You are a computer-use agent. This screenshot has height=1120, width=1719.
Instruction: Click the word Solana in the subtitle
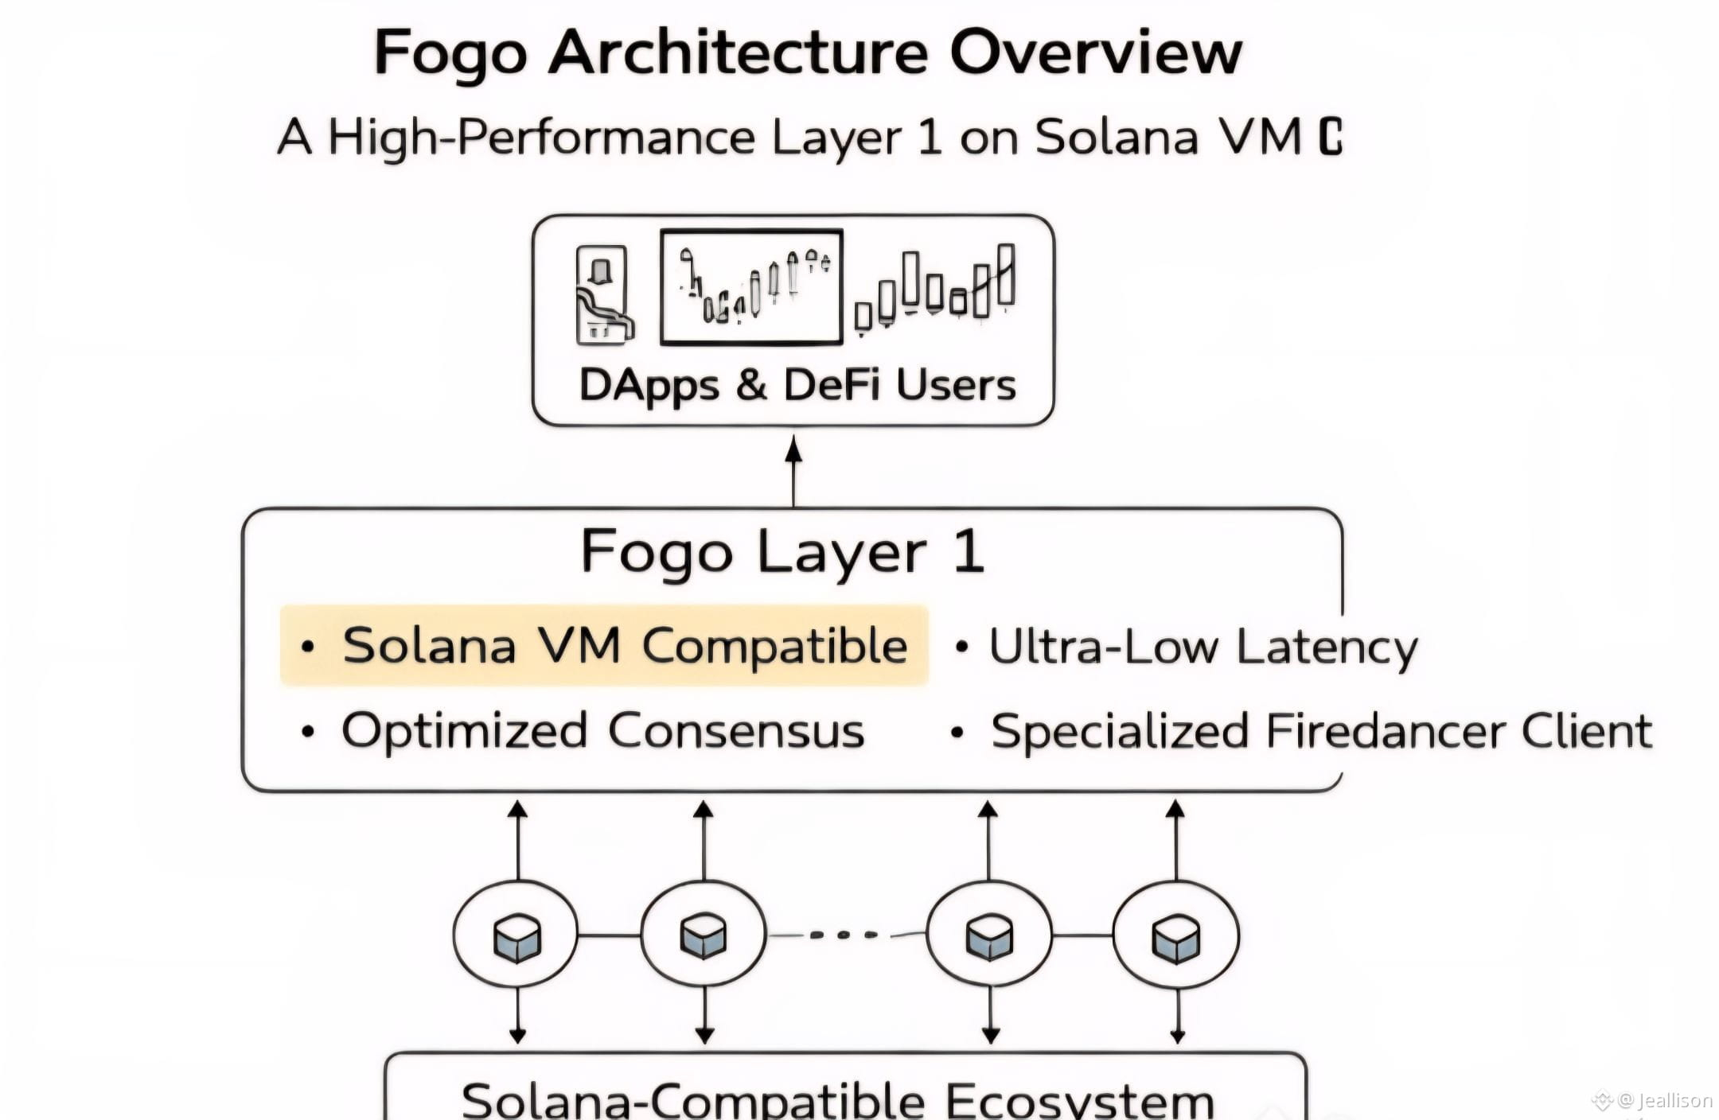tap(1116, 137)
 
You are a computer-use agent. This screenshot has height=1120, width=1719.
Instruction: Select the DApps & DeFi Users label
tap(797, 386)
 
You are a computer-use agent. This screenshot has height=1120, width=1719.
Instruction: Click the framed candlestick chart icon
tap(751, 287)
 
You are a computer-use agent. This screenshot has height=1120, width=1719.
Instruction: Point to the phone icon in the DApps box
tap(602, 295)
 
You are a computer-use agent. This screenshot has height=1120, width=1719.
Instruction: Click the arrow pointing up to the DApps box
tap(793, 469)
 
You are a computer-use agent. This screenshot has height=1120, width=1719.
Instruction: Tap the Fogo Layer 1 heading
tap(783, 552)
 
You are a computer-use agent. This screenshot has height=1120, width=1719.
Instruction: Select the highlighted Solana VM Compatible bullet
tap(605, 645)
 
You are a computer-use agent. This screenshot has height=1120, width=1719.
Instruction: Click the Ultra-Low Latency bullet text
tap(1203, 647)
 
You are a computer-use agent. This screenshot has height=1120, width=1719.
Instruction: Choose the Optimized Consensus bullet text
tap(602, 731)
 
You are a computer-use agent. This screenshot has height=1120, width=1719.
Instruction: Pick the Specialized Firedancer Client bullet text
tap(1321, 731)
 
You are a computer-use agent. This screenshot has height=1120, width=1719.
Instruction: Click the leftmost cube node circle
tap(516, 935)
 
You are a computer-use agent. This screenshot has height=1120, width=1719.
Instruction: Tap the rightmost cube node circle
tap(1175, 935)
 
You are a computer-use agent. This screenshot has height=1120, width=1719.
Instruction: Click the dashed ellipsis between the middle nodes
tap(845, 935)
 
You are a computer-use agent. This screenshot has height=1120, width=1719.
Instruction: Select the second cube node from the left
tap(704, 935)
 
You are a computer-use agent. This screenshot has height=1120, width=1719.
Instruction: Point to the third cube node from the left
tap(988, 935)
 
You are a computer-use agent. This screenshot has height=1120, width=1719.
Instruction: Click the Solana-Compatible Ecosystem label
tap(837, 1100)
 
